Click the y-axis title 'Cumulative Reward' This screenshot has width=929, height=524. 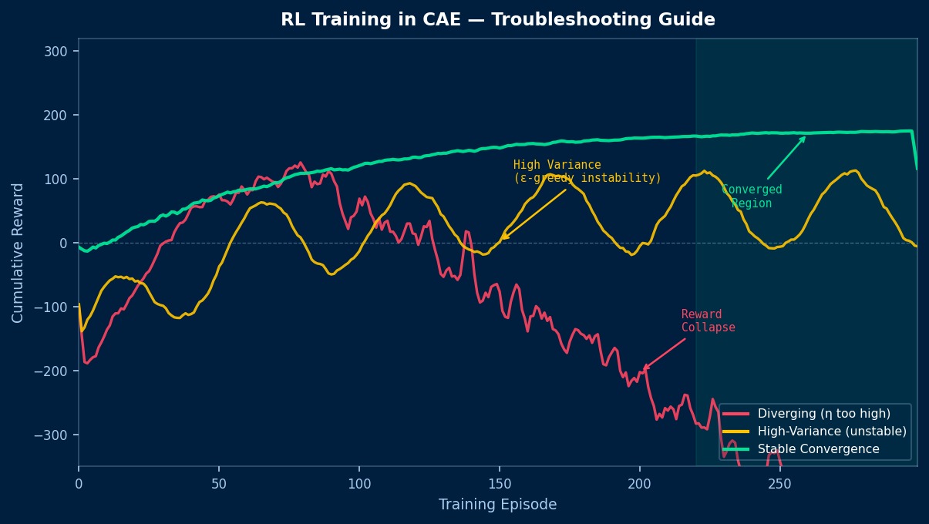click(x=17, y=253)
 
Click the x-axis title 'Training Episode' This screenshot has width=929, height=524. click(x=497, y=505)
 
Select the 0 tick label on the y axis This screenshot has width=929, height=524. click(x=65, y=243)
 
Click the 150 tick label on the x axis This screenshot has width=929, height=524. click(x=500, y=482)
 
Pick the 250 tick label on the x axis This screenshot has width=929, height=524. click(x=780, y=482)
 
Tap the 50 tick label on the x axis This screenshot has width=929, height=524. click(x=219, y=482)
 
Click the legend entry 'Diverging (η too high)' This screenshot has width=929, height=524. click(x=823, y=414)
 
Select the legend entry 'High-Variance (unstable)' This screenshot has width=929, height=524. click(x=832, y=432)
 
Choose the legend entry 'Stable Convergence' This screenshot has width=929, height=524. click(x=818, y=449)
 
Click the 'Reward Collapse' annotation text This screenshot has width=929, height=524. click(x=708, y=321)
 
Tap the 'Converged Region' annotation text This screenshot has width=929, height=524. click(x=752, y=196)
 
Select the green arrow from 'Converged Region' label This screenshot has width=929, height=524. click(x=786, y=158)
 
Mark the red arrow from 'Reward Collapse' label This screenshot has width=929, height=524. click(x=664, y=354)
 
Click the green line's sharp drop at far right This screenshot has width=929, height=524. click(x=915, y=150)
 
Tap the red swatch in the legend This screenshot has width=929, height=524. click(x=735, y=414)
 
